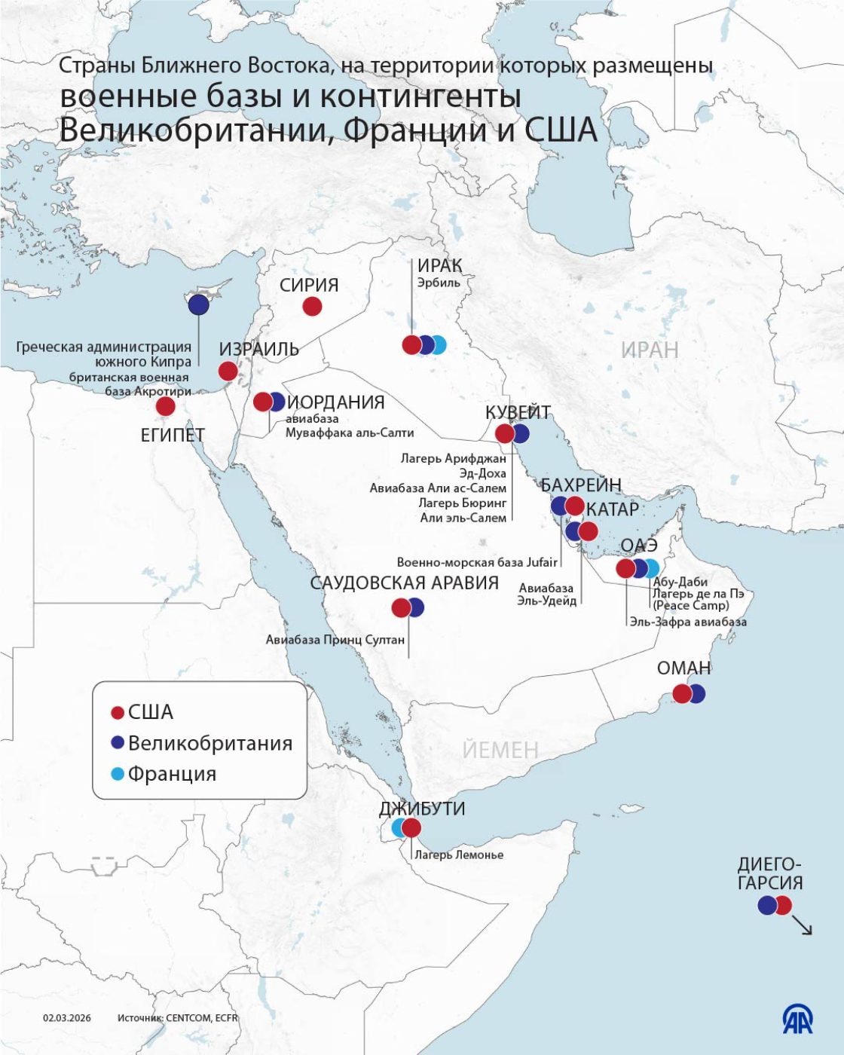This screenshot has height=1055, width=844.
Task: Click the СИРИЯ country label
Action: pos(309,285)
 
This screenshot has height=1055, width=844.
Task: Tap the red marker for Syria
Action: pos(312,306)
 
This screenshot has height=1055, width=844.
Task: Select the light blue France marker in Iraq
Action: pos(438,345)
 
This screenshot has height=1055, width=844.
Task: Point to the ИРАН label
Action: pos(650,350)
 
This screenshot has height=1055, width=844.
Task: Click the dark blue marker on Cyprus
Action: pos(198,304)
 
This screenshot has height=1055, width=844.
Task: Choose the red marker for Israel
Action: pos(228,371)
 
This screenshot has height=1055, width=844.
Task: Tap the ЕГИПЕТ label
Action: pos(173,435)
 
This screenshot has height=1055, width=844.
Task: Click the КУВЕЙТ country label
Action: pos(518,412)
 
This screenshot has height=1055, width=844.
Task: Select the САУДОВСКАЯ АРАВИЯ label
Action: pos(405,583)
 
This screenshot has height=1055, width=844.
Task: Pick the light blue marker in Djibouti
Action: pos(399,828)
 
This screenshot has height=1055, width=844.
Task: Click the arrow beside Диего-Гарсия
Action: pos(803,926)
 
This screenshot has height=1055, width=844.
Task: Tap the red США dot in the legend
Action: pos(118,713)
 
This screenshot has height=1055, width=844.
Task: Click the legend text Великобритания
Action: pos(210,743)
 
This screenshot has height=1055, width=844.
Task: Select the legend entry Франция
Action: pos(172,774)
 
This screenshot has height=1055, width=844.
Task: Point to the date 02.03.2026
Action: pos(67,1017)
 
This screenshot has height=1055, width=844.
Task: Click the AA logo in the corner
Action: pos(797,1020)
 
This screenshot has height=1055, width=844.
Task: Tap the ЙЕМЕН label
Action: pos(500,750)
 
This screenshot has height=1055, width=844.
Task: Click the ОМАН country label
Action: pos(683,668)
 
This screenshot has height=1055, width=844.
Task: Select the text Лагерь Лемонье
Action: pos(459,855)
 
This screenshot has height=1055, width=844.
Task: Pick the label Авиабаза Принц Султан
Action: pos(335,640)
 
